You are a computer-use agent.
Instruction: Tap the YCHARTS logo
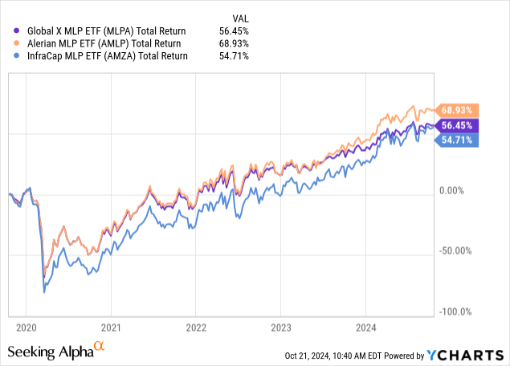click(466, 354)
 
